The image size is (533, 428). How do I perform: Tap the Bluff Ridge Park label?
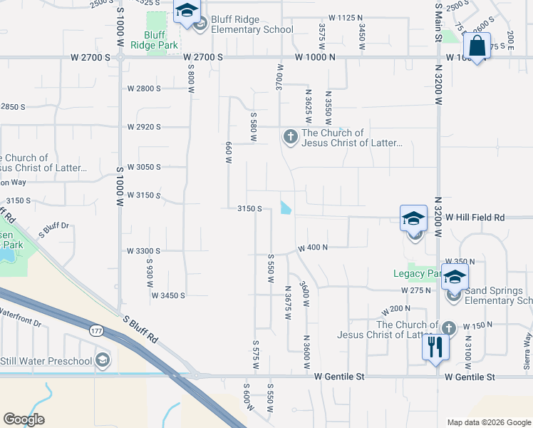(154, 40)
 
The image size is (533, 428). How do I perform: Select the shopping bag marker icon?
(477, 46)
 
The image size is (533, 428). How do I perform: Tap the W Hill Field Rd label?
(475, 217)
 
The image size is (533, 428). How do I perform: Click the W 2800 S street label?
(144, 88)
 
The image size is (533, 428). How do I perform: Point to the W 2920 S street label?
(144, 127)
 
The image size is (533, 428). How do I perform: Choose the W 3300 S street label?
(143, 251)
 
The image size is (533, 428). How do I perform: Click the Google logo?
(24, 419)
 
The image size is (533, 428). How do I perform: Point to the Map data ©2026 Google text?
(488, 422)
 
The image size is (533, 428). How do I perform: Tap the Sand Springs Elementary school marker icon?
(454, 276)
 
